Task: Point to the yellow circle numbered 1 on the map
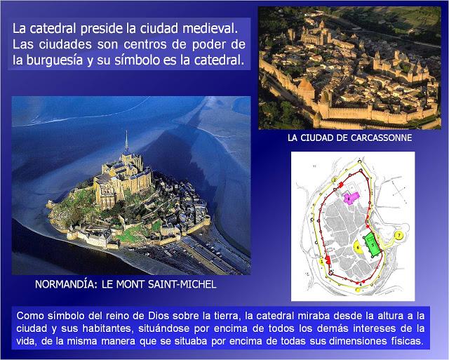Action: [322, 261]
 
